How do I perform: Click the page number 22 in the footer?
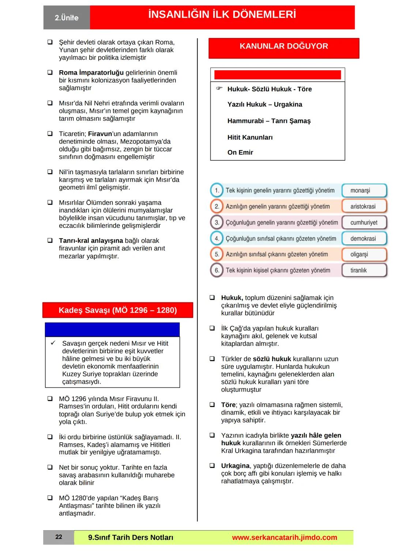click(59, 537)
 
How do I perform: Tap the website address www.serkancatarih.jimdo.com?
click(284, 537)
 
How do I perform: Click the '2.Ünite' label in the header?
click(67, 18)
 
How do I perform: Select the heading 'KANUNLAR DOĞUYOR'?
click(284, 46)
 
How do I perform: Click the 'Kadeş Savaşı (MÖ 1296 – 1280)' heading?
click(118, 310)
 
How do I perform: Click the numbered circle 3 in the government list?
click(217, 222)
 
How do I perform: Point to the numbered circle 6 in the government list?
click(217, 270)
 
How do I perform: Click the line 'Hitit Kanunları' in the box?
click(250, 137)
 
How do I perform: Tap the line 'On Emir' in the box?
click(240, 152)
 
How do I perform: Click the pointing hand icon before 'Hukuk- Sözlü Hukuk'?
click(219, 89)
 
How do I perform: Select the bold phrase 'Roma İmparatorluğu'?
click(91, 72)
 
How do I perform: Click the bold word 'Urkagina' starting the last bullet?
click(235, 466)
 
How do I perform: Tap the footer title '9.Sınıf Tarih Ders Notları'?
click(131, 537)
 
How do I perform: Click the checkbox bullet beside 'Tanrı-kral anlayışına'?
click(50, 241)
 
